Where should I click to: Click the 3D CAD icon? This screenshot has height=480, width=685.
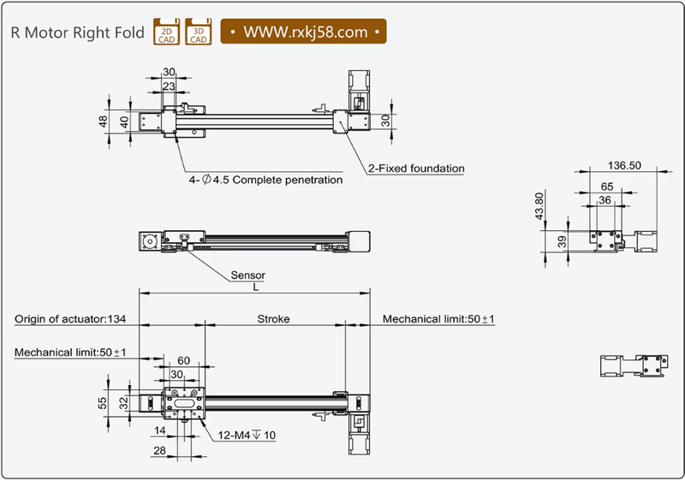click(199, 33)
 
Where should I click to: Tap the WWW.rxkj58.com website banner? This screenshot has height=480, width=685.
click(305, 33)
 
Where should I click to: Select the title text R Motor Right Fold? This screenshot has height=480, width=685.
click(77, 33)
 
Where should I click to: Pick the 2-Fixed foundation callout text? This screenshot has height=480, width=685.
click(416, 169)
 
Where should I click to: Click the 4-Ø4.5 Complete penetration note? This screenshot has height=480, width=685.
click(265, 181)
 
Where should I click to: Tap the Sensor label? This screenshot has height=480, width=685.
click(248, 276)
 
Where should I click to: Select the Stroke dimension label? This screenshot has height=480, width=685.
click(273, 319)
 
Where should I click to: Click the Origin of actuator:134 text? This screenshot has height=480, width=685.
click(70, 319)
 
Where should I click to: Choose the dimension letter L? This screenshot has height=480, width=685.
click(255, 288)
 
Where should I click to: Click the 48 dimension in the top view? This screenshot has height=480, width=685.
click(104, 121)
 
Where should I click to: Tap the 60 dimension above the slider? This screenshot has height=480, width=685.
click(183, 362)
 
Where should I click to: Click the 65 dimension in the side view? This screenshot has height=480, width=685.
click(606, 186)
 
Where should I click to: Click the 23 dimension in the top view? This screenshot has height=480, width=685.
click(169, 86)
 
